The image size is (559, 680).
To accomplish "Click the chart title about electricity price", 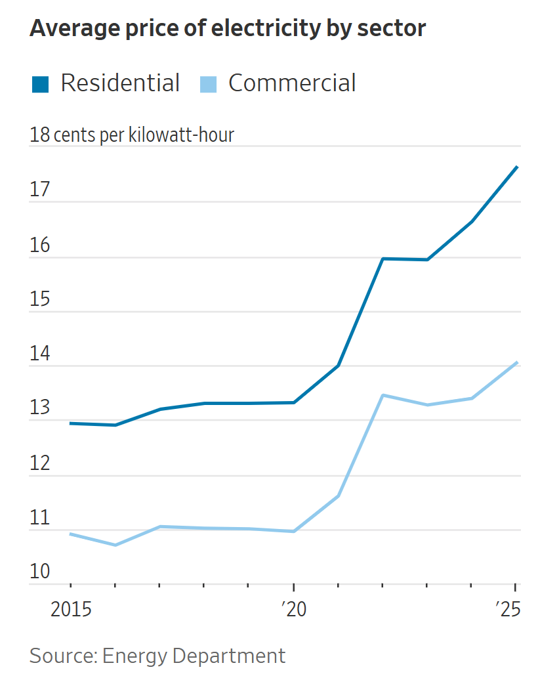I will point(228,29).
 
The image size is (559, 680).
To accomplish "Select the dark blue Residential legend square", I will point(41,84).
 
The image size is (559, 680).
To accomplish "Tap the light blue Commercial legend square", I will point(208,84).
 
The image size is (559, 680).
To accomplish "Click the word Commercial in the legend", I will point(292,83).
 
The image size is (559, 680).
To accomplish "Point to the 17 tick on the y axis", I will point(40,190).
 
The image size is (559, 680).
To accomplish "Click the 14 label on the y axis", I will point(40,354).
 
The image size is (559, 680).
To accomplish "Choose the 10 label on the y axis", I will point(40,572).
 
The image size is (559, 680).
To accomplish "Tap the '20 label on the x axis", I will point(293,610).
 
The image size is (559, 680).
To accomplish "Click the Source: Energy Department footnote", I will point(157,656).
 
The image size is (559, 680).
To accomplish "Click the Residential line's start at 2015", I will point(70,423).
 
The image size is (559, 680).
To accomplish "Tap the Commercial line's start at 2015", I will point(70,534).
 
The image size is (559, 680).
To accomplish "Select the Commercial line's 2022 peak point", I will point(383,395).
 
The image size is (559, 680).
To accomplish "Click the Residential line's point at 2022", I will point(383,259).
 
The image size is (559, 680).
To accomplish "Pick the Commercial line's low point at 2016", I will point(115,545).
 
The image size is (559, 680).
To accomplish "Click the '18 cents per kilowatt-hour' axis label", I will point(132,135).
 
